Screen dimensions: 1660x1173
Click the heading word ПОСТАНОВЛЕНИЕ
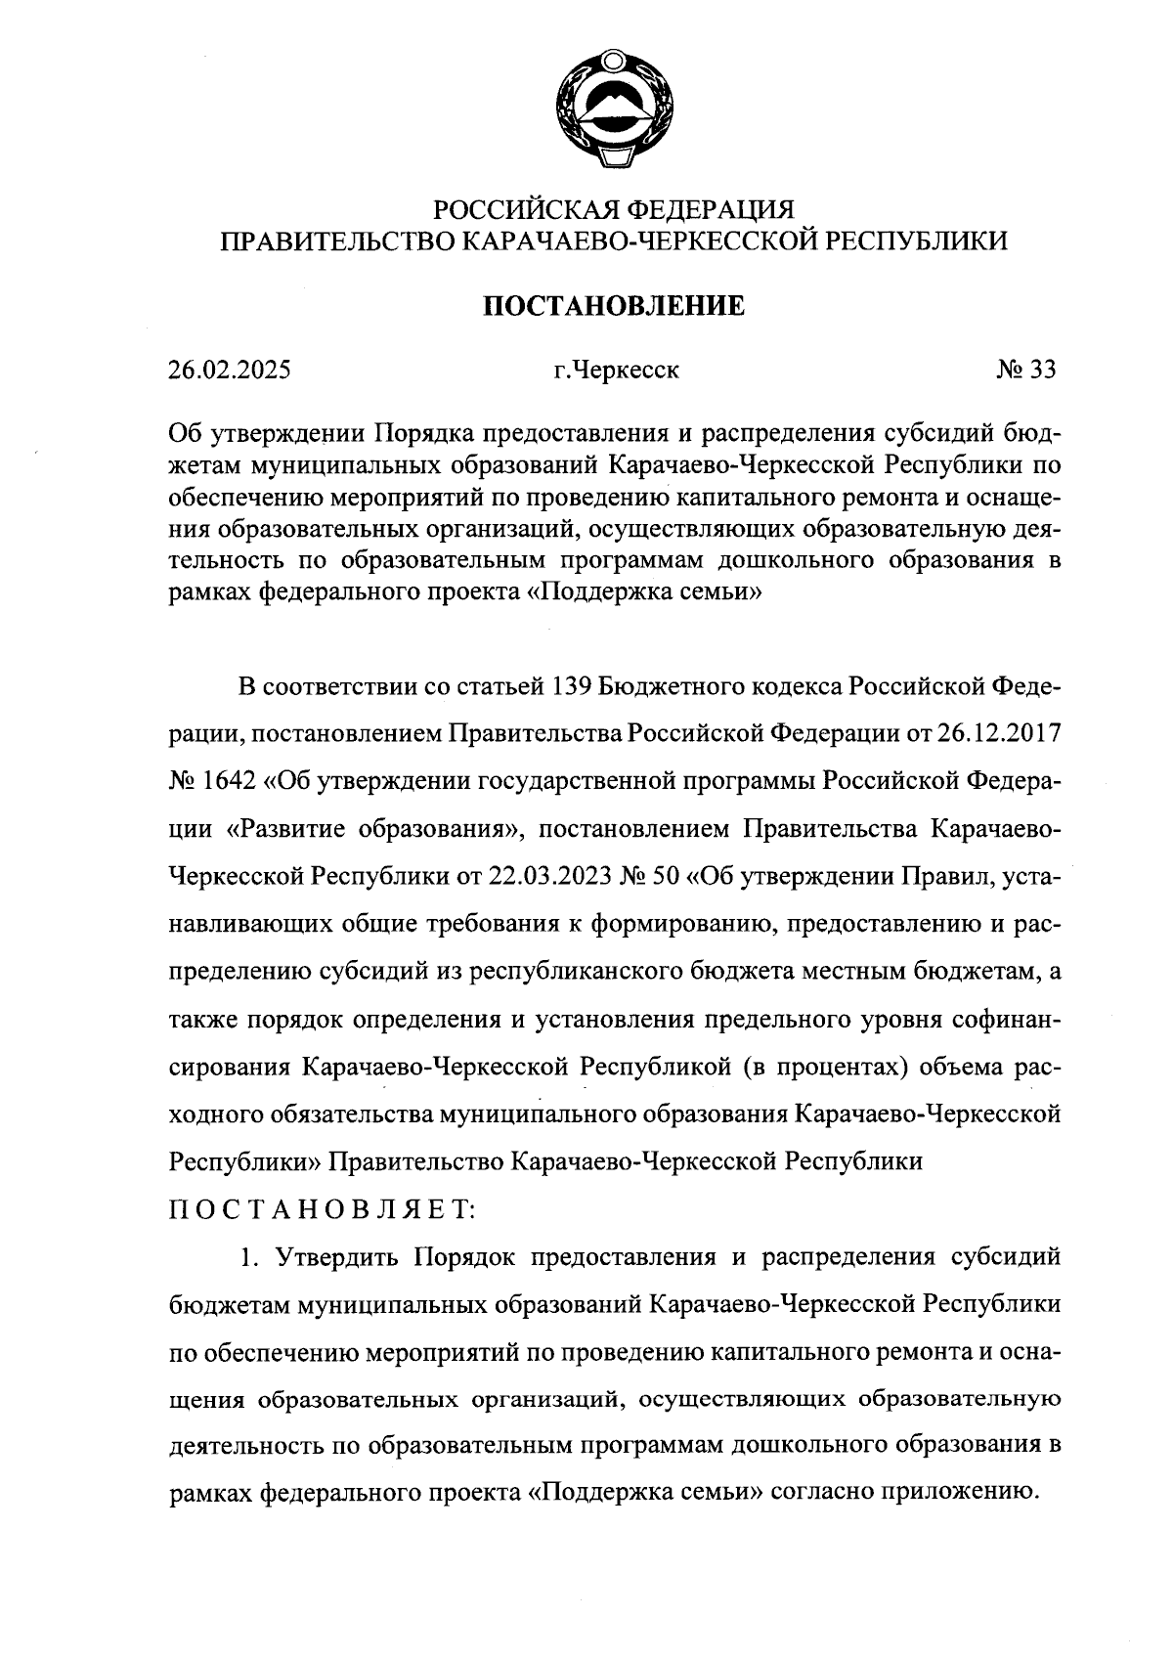[614, 306]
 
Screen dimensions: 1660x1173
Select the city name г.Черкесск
[615, 371]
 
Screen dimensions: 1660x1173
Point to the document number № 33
[1025, 371]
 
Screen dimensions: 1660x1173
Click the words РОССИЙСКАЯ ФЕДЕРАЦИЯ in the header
[614, 209]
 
